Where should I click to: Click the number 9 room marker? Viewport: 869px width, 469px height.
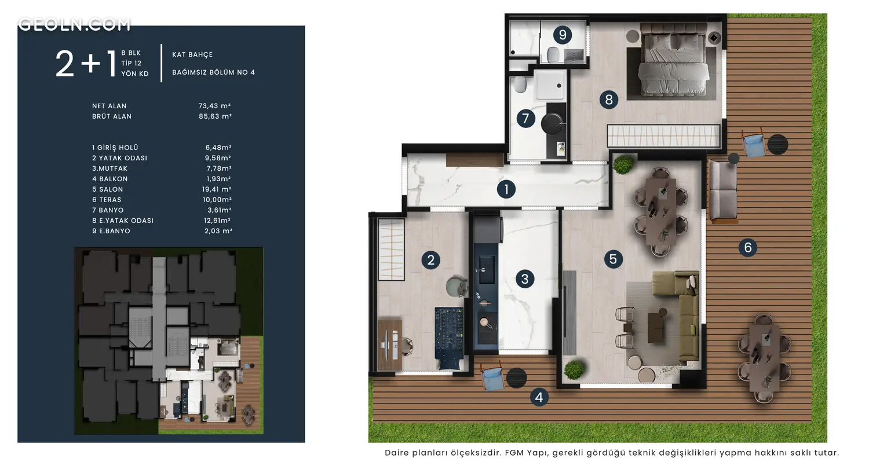[x=562, y=35]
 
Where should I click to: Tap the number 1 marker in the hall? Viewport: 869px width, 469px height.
[x=506, y=189]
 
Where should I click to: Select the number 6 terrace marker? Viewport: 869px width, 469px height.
[x=747, y=247]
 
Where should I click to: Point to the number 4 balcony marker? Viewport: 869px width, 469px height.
[x=539, y=397]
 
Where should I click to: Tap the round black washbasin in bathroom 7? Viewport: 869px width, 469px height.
[x=553, y=123]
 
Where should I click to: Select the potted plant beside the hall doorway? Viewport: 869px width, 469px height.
[x=623, y=164]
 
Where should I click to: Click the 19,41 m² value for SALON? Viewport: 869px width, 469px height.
[x=217, y=189]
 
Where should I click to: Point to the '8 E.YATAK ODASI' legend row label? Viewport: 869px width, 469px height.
[x=123, y=221]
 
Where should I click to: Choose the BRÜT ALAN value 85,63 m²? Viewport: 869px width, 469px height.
[x=215, y=116]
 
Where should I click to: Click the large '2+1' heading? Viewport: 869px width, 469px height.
[x=86, y=64]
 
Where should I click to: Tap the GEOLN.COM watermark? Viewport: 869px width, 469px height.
[x=74, y=24]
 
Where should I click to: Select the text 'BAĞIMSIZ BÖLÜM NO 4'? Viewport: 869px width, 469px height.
[x=213, y=72]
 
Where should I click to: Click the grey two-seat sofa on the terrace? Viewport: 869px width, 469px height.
[x=723, y=192]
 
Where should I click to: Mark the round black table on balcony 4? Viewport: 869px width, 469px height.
[x=516, y=378]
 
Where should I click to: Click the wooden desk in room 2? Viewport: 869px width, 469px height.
[x=389, y=345]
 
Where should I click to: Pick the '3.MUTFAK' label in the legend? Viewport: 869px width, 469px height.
[x=110, y=168]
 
